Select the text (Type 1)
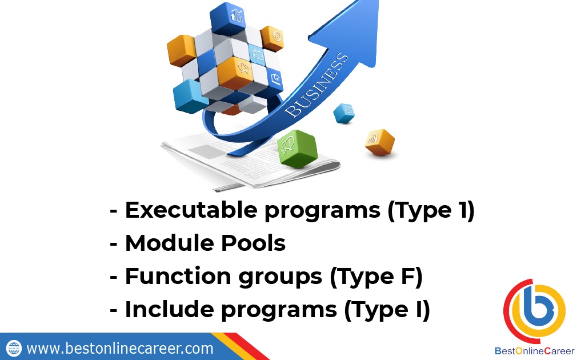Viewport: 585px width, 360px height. (431, 211)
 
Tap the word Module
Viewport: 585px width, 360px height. (161, 243)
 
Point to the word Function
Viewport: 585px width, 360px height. (174, 277)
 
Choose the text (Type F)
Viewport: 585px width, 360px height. (376, 277)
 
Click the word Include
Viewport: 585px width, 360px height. (165, 309)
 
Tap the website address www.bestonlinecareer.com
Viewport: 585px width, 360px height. (120, 347)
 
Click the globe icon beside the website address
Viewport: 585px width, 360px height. (14, 347)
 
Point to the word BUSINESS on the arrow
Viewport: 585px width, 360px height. (316, 86)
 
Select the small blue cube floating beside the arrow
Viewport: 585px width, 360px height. (344, 113)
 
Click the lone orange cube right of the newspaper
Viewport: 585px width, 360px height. (380, 142)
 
